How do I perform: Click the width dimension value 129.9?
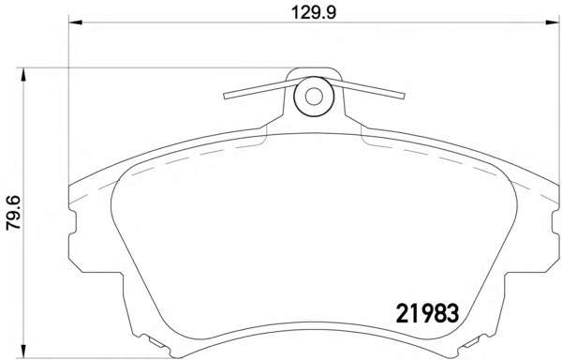(314, 13)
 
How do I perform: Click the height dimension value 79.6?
(14, 212)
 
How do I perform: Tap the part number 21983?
(427, 313)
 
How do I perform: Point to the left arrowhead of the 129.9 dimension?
(75, 22)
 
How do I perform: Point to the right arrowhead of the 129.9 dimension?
(552, 22)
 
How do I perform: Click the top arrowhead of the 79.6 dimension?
(23, 75)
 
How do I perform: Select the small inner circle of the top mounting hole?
(314, 97)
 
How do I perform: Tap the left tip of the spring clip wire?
(225, 97)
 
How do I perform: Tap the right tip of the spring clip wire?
(403, 96)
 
